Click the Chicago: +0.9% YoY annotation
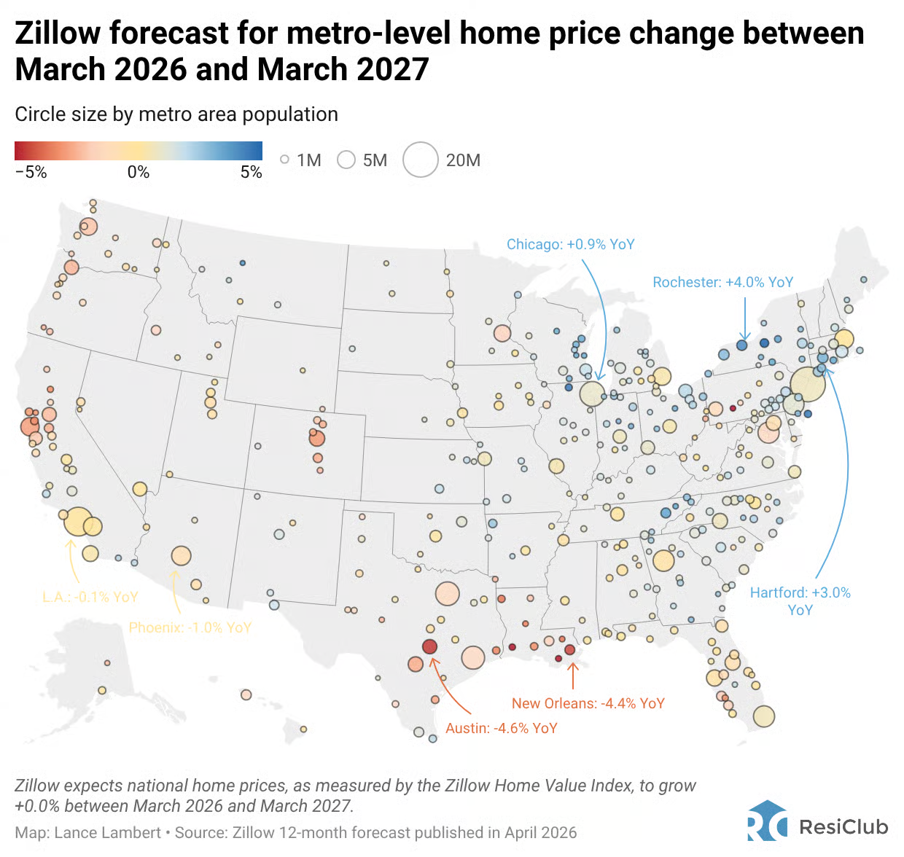570,244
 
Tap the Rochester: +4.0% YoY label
722,282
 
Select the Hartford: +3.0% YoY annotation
800,601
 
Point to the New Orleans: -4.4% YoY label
588,703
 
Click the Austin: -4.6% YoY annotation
501,728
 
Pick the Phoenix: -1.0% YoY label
190,627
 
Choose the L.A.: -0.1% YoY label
90,597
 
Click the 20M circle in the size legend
421,160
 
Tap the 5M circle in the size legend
346,160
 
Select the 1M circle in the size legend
285,160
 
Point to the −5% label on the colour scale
31,172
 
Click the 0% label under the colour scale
138,172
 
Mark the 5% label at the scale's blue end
251,172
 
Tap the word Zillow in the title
58,34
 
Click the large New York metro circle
808,384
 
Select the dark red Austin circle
429,646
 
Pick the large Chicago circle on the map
592,394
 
